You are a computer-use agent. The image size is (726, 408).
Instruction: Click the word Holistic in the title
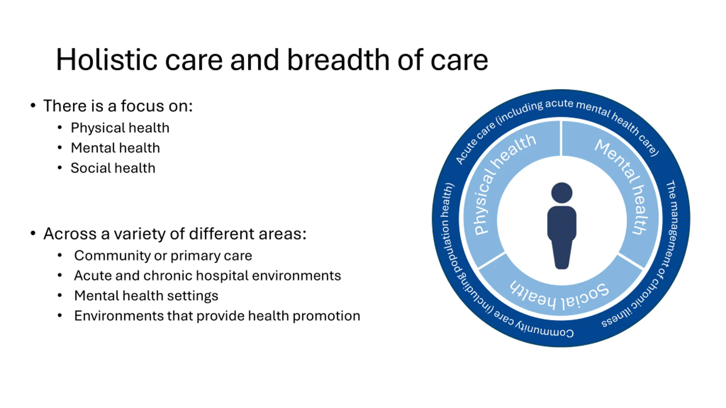(x=106, y=60)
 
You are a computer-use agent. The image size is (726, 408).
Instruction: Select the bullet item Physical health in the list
(x=120, y=128)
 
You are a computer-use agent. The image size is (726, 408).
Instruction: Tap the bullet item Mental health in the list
(x=115, y=148)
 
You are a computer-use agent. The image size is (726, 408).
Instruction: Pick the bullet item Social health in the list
(x=113, y=168)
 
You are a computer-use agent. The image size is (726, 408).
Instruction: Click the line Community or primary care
(x=163, y=256)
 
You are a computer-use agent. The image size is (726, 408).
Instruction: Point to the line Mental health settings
(x=146, y=296)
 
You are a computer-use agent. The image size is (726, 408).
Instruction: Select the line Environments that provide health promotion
(x=217, y=316)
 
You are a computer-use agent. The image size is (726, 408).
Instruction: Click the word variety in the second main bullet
(x=147, y=234)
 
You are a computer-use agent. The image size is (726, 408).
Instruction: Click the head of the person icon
(x=562, y=193)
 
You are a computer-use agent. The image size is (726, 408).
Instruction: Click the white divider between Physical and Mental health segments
(x=561, y=138)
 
